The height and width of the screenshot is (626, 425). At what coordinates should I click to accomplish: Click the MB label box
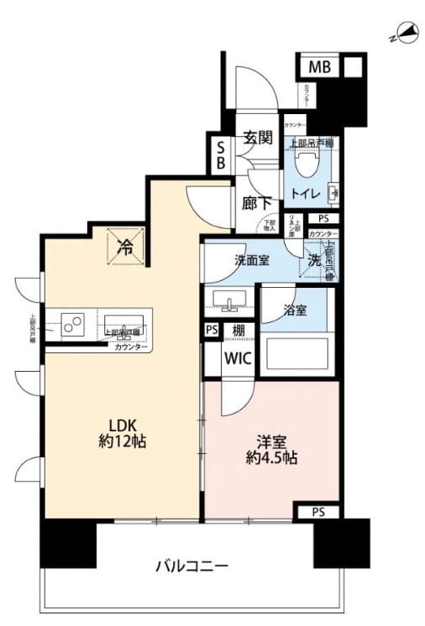pyautogui.click(x=319, y=67)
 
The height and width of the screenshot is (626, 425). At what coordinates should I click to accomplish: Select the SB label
pyautogui.click(x=220, y=154)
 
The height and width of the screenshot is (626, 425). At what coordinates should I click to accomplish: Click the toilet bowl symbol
pyautogui.click(x=307, y=159)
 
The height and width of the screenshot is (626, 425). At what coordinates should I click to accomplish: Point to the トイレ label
pyautogui.click(x=304, y=193)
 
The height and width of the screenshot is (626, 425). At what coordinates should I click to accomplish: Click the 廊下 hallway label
pyautogui.click(x=257, y=202)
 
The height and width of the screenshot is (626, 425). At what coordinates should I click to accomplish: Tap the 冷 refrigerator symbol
pyautogui.click(x=125, y=248)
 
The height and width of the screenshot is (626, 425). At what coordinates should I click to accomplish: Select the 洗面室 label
pyautogui.click(x=251, y=259)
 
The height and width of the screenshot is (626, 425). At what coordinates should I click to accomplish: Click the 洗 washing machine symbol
pyautogui.click(x=313, y=260)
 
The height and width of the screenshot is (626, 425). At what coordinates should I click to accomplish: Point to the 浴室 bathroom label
pyautogui.click(x=294, y=310)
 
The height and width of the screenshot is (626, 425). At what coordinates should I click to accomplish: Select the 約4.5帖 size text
pyautogui.click(x=270, y=458)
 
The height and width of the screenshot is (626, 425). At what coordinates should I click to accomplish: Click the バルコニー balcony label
pyautogui.click(x=192, y=566)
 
